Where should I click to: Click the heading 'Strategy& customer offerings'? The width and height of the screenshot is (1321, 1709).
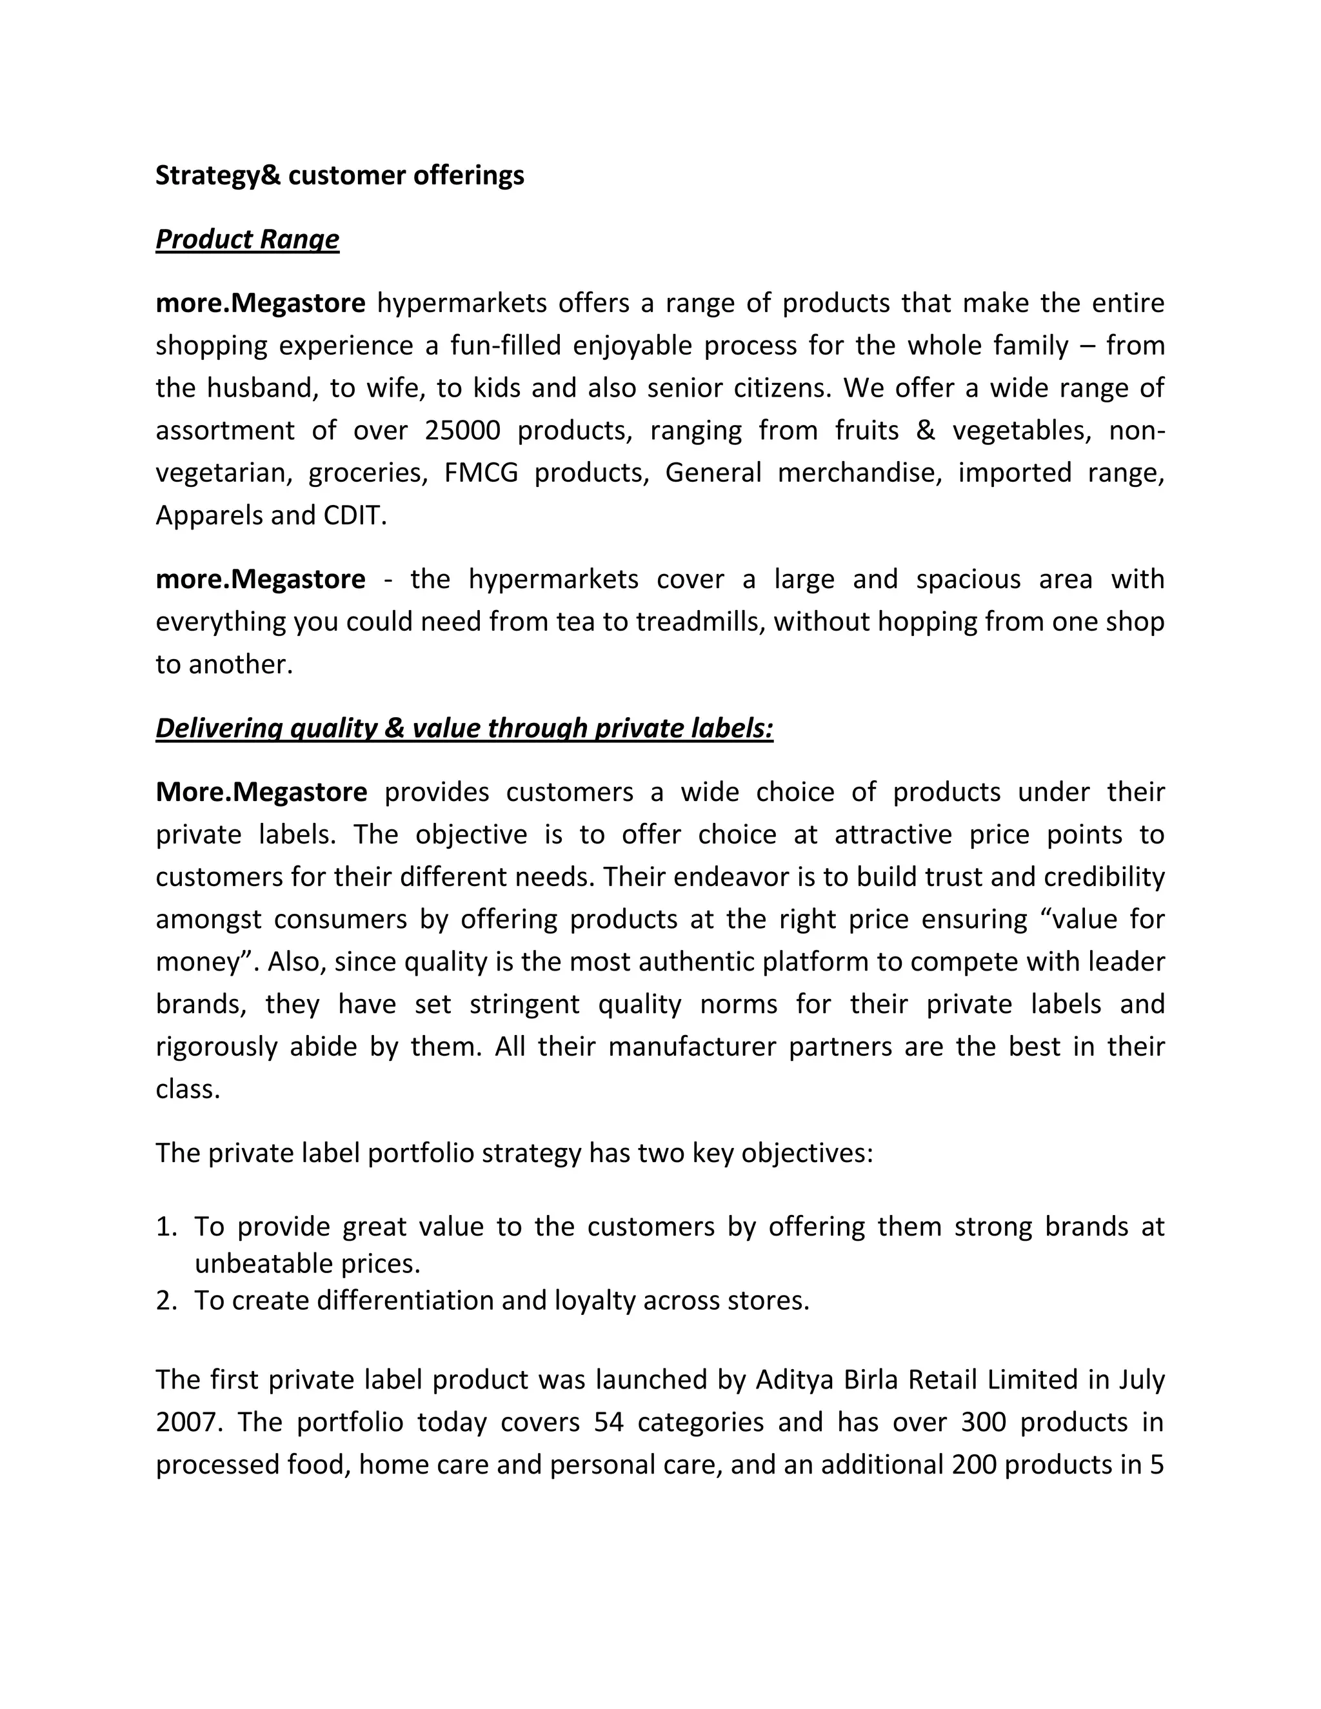tap(340, 175)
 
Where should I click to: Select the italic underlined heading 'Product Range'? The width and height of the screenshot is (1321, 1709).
tap(247, 239)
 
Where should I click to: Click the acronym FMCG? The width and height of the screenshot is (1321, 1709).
tap(481, 473)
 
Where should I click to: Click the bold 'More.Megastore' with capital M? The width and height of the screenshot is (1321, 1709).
tap(261, 792)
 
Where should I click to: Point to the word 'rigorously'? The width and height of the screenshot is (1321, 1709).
tap(217, 1047)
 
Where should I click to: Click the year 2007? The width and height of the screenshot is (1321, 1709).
tap(186, 1422)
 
